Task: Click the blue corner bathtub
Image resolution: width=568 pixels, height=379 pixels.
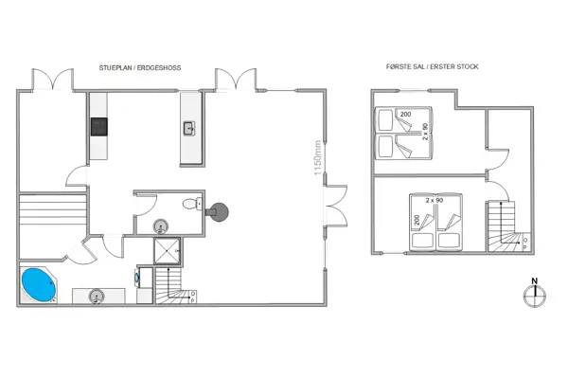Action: [x=39, y=284]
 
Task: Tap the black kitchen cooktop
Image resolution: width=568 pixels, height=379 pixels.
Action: [x=99, y=126]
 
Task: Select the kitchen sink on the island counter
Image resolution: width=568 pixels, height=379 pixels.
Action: [x=188, y=127]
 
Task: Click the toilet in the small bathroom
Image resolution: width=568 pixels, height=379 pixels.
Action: [x=193, y=203]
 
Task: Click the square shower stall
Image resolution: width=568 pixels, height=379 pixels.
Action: [x=169, y=250]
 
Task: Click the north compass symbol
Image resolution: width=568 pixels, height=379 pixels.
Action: [x=535, y=293]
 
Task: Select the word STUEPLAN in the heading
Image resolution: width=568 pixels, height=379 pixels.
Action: [x=118, y=68]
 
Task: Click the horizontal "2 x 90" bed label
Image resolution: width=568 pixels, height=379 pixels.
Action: [x=435, y=201]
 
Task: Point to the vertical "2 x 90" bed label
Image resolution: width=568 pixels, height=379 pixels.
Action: [x=426, y=132]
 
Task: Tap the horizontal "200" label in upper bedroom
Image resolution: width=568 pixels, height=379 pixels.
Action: [x=405, y=115]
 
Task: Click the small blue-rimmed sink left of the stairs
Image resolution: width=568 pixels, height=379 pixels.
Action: [x=138, y=278]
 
